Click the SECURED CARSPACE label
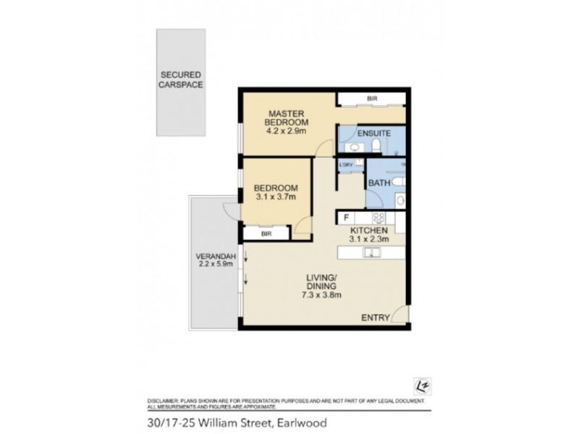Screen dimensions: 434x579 click(x=181, y=79)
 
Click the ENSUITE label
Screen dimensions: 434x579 click(x=374, y=133)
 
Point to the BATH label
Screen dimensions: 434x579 click(x=379, y=183)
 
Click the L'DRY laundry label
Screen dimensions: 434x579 click(x=345, y=165)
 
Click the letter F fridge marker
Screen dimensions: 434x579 click(x=346, y=217)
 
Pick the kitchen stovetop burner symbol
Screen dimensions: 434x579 click(x=378, y=217)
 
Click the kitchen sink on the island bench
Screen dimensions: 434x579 click(x=372, y=252)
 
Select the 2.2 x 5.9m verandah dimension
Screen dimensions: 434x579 click(x=214, y=265)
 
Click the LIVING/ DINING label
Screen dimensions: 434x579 click(x=321, y=281)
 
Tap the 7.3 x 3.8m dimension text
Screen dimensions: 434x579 click(x=321, y=295)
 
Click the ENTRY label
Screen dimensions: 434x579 click(x=375, y=318)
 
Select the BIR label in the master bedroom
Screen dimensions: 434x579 click(x=372, y=98)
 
